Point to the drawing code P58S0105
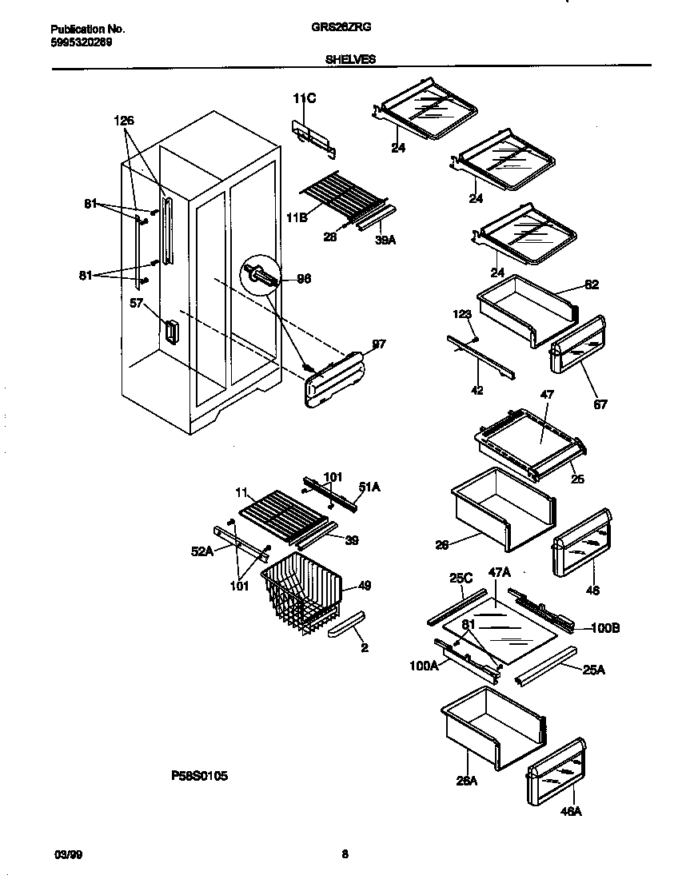(x=200, y=775)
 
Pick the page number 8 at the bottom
(x=345, y=854)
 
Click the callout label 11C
(x=305, y=99)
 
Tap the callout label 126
(x=124, y=121)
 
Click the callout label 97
(x=379, y=344)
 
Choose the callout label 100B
(x=606, y=629)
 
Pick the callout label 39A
(x=386, y=237)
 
